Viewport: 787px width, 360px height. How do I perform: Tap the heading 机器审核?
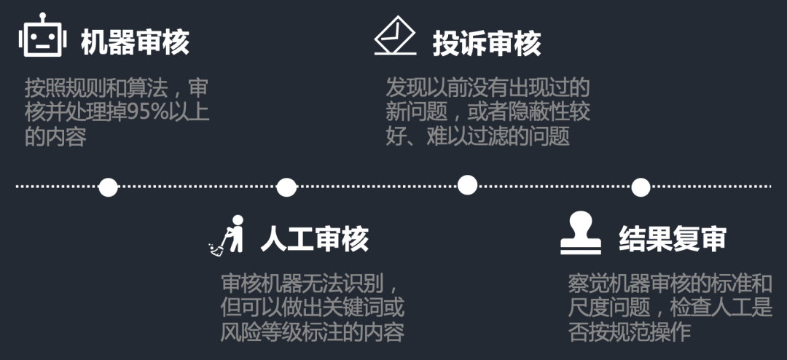[135, 42]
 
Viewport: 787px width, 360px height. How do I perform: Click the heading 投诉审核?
[487, 44]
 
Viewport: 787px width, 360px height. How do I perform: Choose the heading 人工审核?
[315, 238]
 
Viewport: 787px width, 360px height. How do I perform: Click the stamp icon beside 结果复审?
[581, 233]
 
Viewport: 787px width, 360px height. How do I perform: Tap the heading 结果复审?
[673, 238]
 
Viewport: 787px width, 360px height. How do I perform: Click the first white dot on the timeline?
[108, 187]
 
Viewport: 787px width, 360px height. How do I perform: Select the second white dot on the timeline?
[286, 187]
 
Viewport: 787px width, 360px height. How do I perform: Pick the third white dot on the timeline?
[467, 185]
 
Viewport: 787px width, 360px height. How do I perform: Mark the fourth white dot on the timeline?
[641, 187]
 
